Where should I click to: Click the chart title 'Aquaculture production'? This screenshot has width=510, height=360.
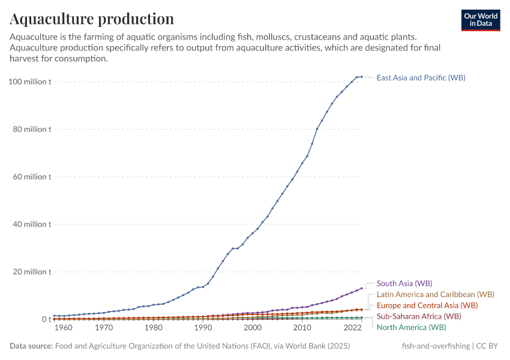click(x=92, y=19)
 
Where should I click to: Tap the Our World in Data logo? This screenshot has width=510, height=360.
click(x=480, y=20)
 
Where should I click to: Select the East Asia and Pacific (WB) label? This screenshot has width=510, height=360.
click(x=421, y=77)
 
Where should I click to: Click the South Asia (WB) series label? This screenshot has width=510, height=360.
click(x=404, y=283)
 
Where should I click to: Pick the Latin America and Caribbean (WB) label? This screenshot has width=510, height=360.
click(x=435, y=295)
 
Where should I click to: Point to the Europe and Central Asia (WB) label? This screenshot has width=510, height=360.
click(x=427, y=305)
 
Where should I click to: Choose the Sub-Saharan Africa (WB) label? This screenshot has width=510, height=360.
click(x=418, y=316)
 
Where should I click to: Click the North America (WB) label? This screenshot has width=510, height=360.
click(x=411, y=327)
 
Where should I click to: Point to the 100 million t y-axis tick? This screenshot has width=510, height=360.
click(x=30, y=82)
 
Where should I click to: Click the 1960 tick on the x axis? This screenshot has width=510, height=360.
click(x=64, y=328)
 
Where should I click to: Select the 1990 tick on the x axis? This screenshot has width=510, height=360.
click(x=203, y=328)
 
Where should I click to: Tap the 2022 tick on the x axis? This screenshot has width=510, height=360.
click(x=352, y=328)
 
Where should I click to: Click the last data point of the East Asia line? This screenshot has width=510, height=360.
click(x=361, y=77)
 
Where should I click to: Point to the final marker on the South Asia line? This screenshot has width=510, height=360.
click(x=361, y=287)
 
